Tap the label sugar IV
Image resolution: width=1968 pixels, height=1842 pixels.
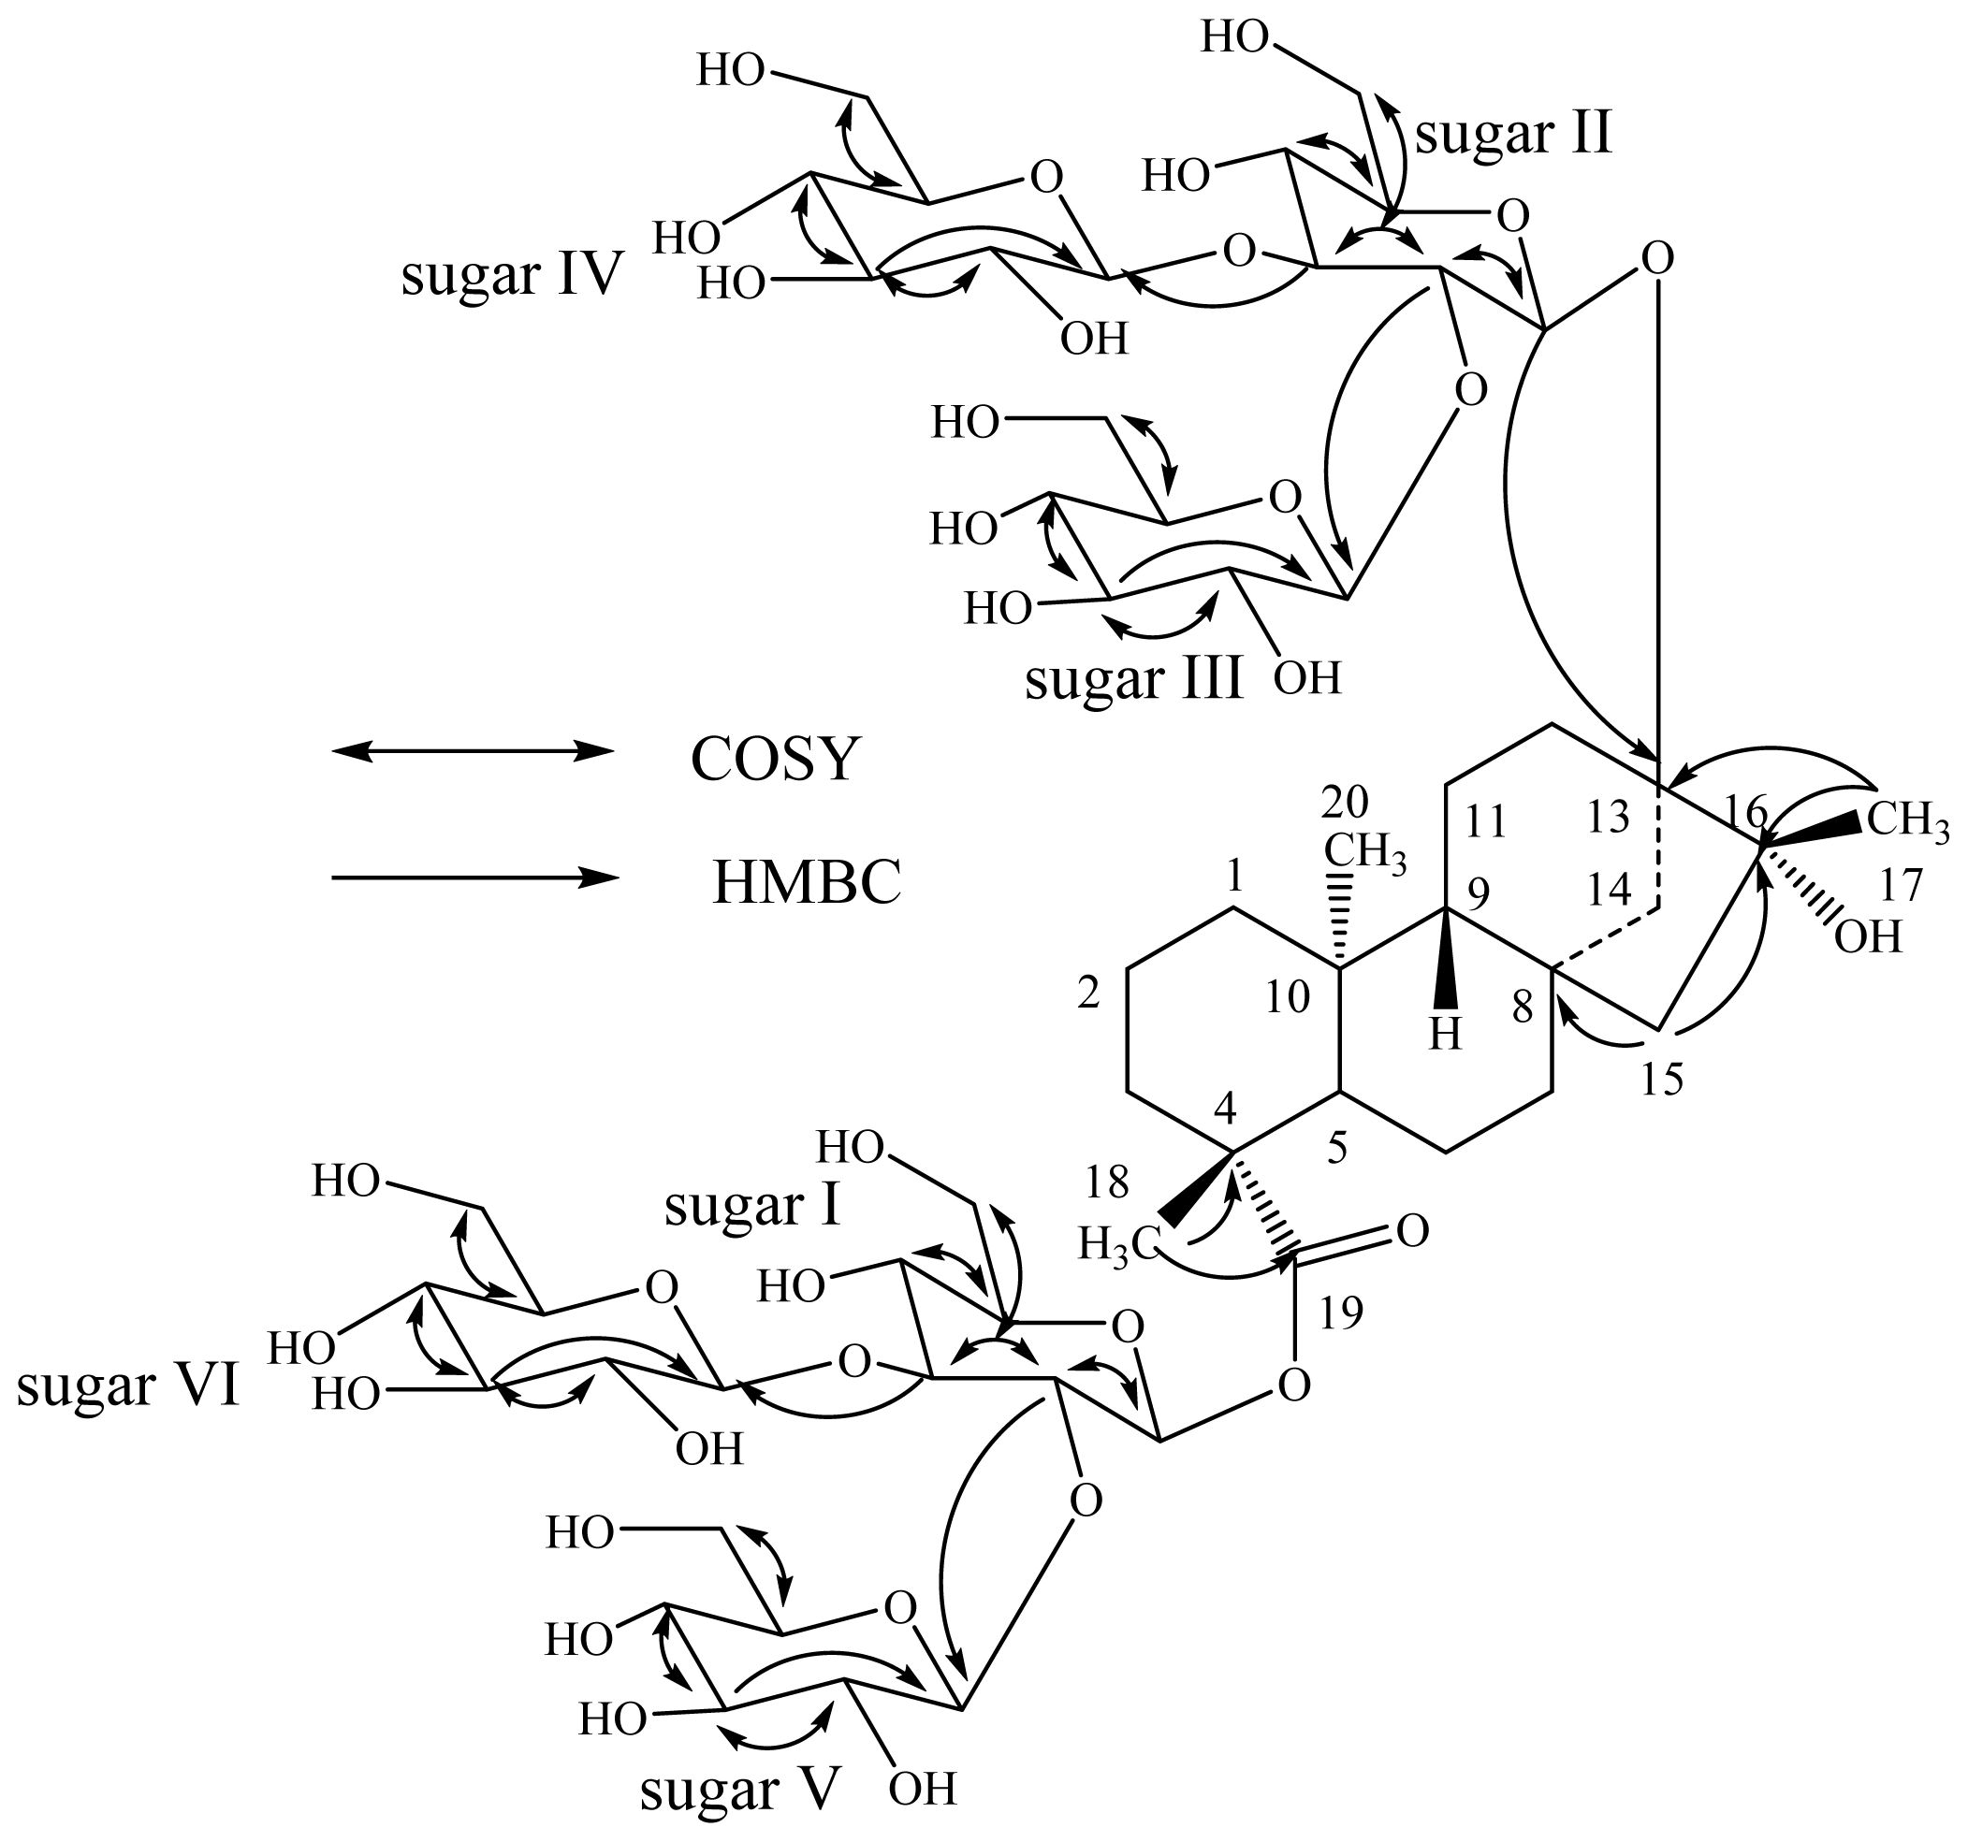513,274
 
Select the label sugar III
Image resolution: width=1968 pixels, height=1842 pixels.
1133,680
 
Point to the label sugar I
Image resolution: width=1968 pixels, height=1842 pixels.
752,1207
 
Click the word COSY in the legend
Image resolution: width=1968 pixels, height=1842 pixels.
773,761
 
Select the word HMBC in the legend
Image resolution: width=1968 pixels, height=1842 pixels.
807,883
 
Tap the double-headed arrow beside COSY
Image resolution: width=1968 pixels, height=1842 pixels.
473,751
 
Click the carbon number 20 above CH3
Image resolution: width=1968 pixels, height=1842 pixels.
1345,803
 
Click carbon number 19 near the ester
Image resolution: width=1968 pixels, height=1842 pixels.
1341,1313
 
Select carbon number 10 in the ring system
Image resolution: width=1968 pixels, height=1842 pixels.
1288,997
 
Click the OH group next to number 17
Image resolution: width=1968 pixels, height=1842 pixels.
1868,936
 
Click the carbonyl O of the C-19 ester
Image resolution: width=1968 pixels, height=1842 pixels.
1413,1231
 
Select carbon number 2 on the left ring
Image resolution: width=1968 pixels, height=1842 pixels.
1089,994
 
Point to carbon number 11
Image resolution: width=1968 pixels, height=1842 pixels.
1485,821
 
